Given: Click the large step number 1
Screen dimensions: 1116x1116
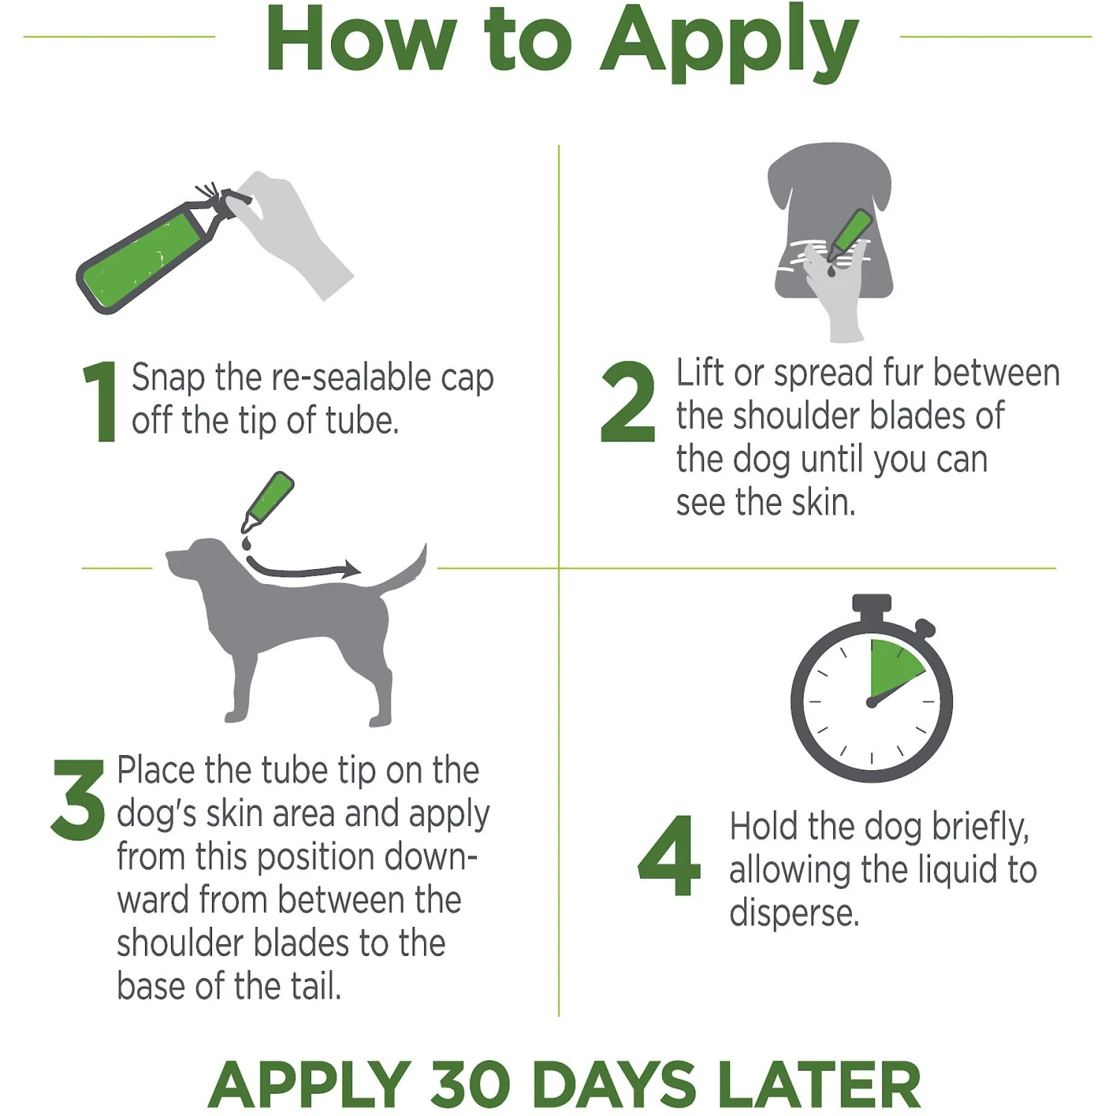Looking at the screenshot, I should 101,402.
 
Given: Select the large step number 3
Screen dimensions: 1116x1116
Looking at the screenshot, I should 78,800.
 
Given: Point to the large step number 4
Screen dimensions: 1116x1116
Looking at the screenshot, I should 670,856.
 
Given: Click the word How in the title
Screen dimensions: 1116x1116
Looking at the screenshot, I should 361,41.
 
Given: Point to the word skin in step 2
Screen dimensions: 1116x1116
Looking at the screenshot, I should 820,503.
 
